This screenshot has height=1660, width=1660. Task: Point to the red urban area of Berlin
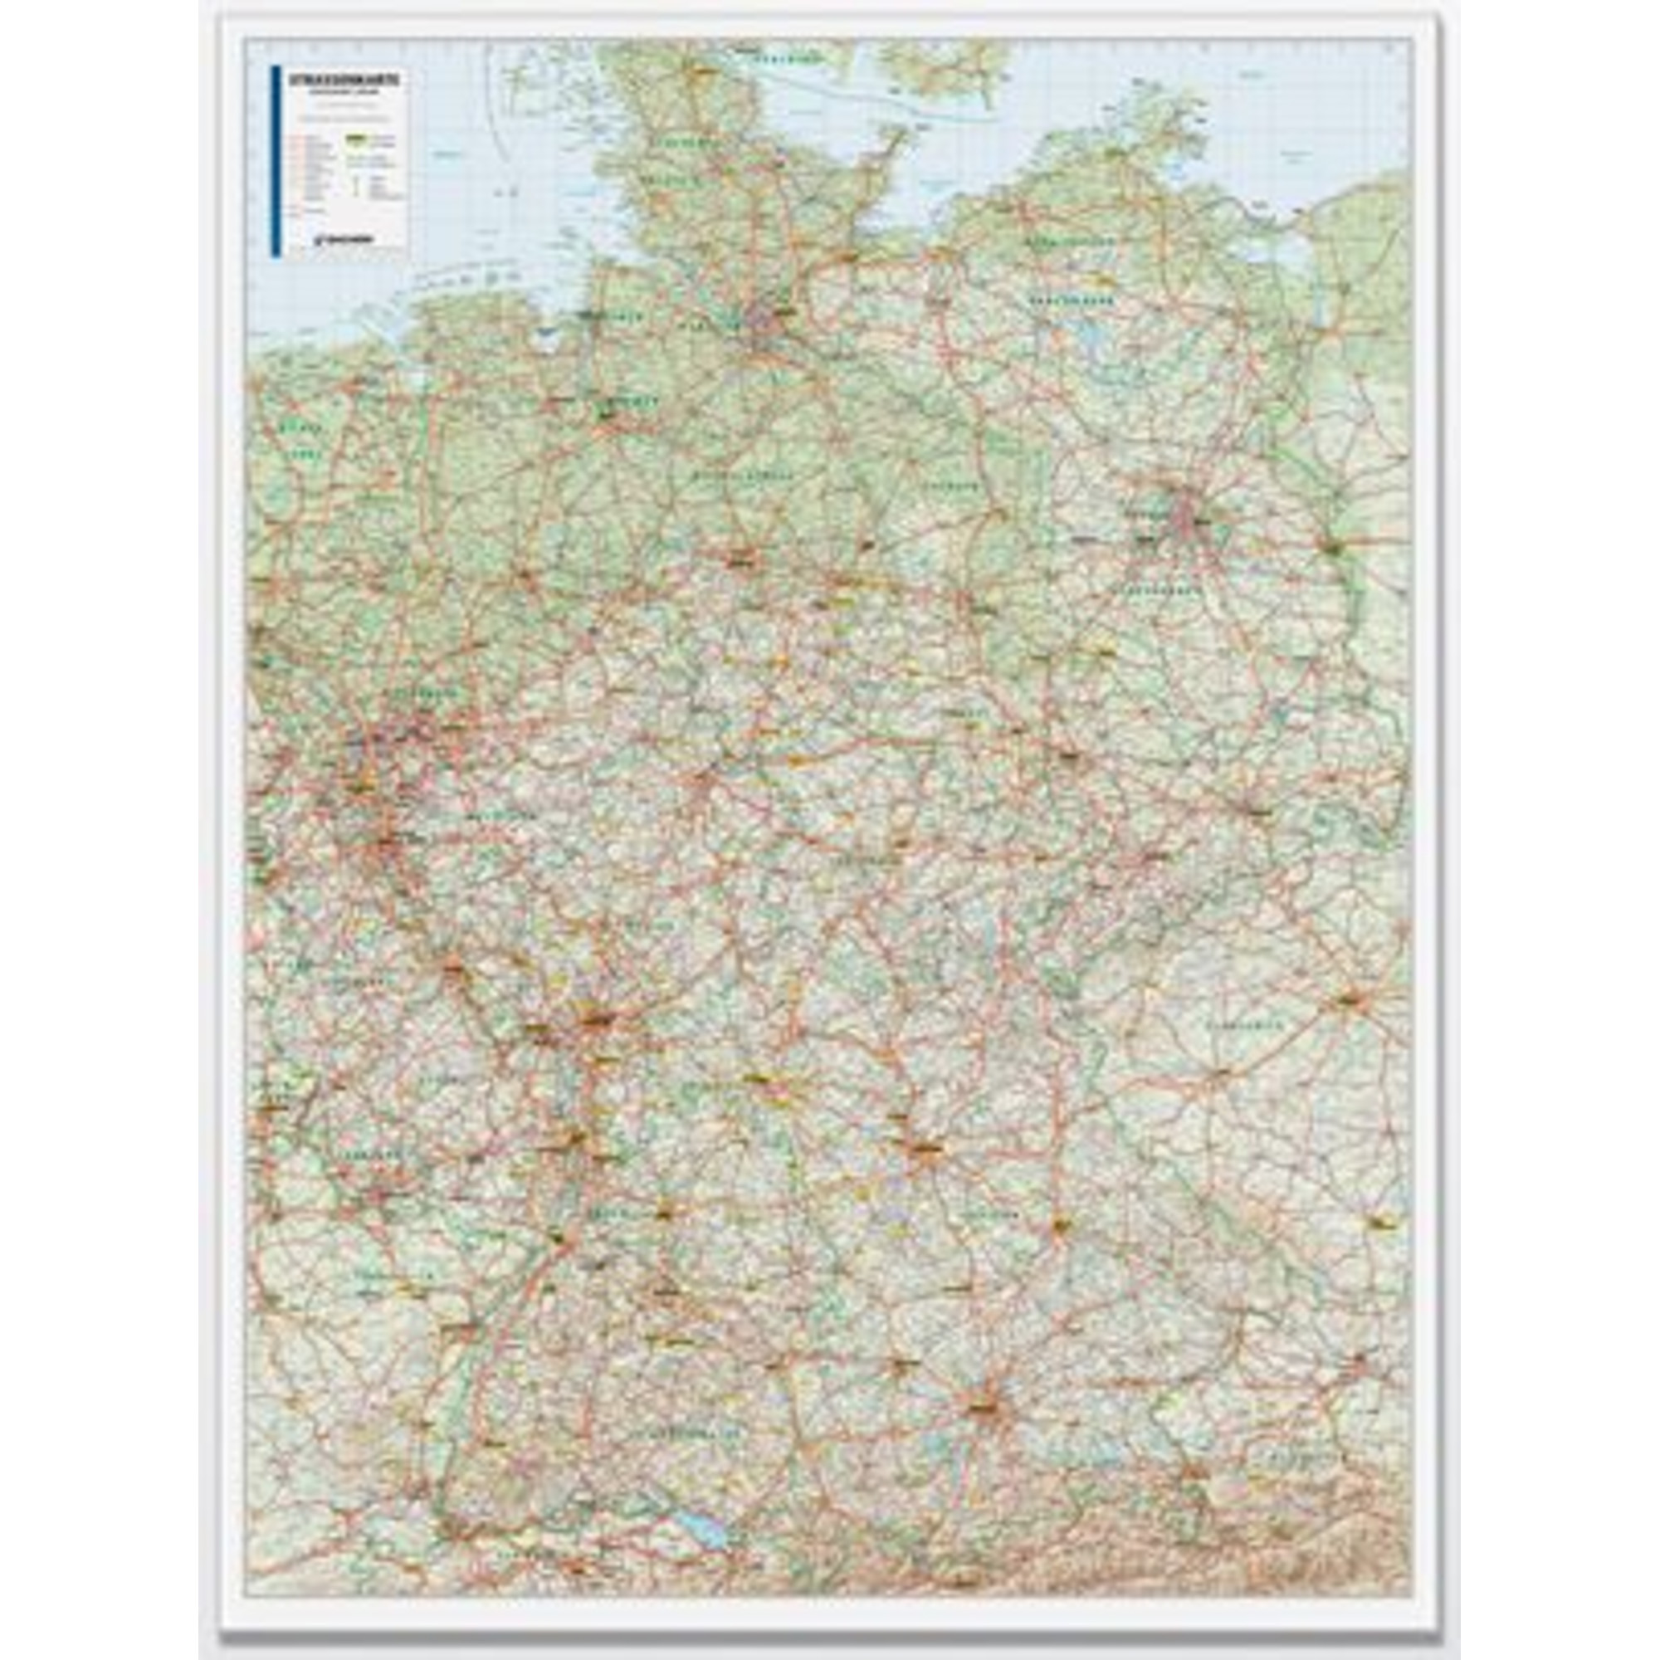click(1187, 513)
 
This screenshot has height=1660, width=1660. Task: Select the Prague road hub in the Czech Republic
click(1350, 999)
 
